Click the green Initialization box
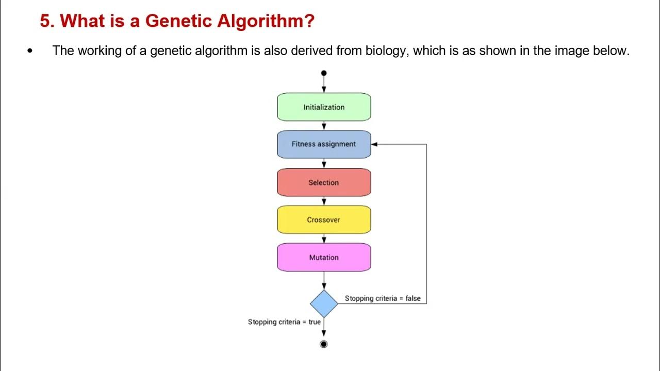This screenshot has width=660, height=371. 324,107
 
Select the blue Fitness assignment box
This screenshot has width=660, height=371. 324,144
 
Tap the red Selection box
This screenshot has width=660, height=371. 324,182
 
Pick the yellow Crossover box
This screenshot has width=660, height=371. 324,220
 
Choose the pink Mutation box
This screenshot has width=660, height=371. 324,258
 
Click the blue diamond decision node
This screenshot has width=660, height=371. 324,303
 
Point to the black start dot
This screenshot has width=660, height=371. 324,73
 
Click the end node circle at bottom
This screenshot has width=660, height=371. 324,344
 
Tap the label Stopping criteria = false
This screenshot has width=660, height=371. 383,298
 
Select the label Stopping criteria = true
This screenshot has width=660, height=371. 284,322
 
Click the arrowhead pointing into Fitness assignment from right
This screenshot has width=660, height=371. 374,144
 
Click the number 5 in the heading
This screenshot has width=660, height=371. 45,21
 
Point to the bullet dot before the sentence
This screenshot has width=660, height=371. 29,51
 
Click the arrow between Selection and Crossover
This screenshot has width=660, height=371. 324,201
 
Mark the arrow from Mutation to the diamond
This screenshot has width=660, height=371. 324,281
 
